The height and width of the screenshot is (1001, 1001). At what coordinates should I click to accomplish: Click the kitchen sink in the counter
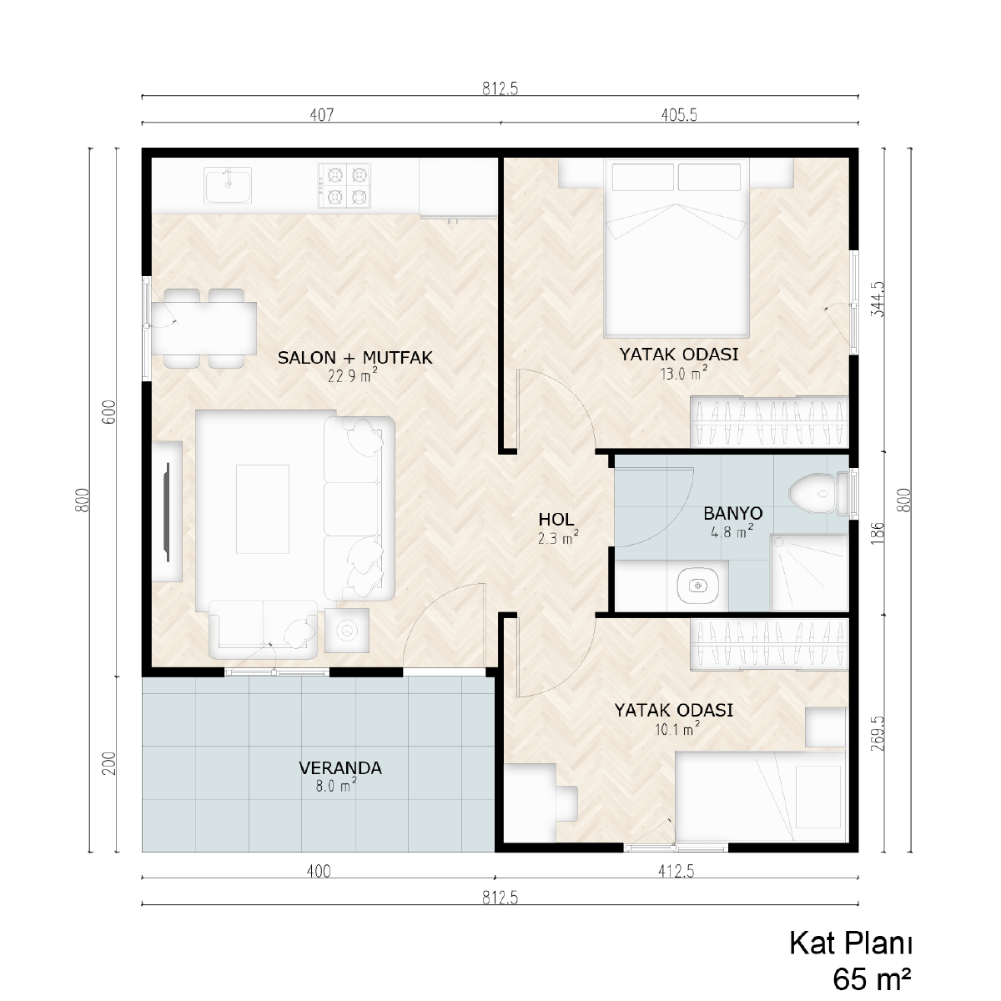point(228,185)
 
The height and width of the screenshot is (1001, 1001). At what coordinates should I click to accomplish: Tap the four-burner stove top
point(345,185)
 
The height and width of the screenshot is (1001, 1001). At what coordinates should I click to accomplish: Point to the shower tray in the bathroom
point(809,572)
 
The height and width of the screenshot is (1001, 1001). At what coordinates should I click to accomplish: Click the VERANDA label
point(340,767)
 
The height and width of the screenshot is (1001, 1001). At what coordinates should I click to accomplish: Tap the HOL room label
point(556,519)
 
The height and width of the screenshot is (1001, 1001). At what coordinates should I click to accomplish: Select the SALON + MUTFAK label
point(355,358)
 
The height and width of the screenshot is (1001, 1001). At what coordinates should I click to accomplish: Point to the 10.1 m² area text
point(677,729)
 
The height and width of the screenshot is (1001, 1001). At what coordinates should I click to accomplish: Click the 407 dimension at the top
point(322,115)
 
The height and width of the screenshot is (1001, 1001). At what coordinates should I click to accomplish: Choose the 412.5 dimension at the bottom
point(677,871)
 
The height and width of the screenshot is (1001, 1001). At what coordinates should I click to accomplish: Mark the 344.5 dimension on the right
point(878,299)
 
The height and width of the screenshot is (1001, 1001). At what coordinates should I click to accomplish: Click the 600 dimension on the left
point(110,412)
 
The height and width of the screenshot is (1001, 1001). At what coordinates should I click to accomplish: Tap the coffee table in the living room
point(262,509)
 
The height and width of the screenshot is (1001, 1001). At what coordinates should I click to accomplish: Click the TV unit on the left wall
point(167,511)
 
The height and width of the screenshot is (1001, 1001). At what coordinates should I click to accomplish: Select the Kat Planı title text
point(850,943)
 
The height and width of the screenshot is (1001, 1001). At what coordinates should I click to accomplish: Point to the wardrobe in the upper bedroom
point(769,422)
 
